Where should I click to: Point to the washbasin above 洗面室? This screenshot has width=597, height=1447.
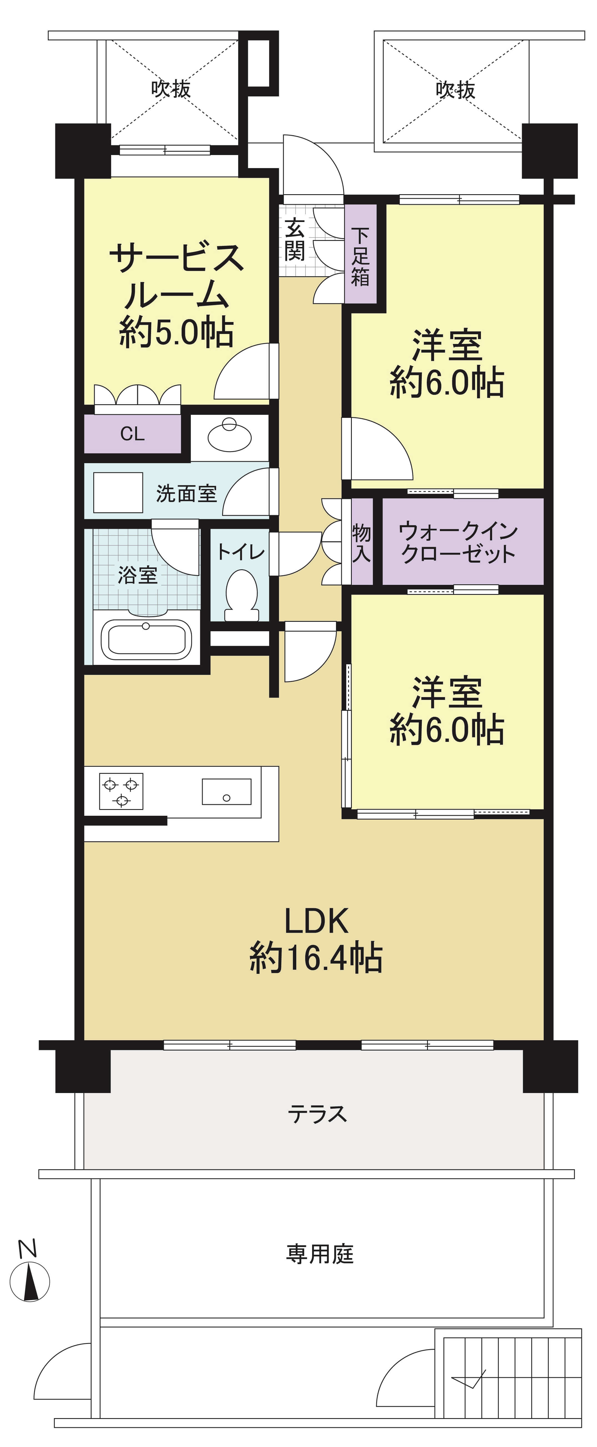230,435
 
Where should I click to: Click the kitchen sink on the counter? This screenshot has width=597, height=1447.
226,792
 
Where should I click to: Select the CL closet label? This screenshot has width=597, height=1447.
132,434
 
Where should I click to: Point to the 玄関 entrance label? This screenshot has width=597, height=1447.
295,240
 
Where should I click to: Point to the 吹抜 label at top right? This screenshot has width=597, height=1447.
455,89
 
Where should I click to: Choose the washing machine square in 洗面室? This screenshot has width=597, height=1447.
118,493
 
